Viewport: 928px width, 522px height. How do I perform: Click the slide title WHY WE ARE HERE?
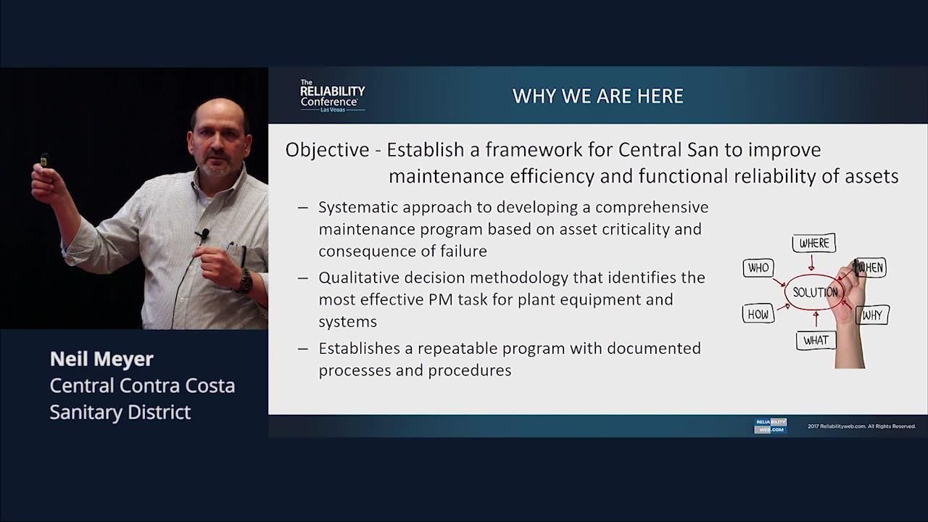click(597, 96)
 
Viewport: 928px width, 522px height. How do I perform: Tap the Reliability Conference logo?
click(332, 95)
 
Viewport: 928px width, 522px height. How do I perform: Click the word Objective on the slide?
click(327, 150)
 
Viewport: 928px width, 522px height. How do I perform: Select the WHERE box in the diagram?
click(813, 244)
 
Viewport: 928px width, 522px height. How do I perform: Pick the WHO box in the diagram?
click(758, 268)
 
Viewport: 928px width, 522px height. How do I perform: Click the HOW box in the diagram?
click(758, 314)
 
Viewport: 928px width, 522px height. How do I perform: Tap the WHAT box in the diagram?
click(815, 339)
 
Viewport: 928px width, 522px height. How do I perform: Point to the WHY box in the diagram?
click(872, 315)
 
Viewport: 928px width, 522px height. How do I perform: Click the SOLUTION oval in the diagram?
click(816, 292)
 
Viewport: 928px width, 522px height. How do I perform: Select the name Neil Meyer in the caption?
click(101, 359)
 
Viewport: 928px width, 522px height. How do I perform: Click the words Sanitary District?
click(120, 412)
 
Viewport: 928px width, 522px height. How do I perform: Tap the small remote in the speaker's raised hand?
click(44, 159)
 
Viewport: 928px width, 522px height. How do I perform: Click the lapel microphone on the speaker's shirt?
click(204, 234)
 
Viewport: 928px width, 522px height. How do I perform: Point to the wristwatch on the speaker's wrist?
click(245, 281)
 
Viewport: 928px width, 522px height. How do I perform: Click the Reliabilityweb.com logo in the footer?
click(770, 426)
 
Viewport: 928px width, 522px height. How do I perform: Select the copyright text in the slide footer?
click(861, 426)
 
